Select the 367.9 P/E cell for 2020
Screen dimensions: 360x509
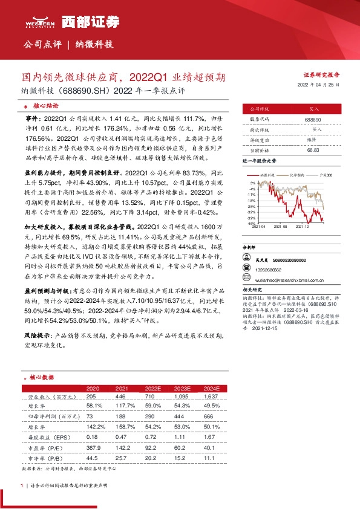click(93, 448)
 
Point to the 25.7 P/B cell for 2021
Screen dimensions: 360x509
click(121, 459)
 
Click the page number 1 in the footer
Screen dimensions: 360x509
click(22, 485)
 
